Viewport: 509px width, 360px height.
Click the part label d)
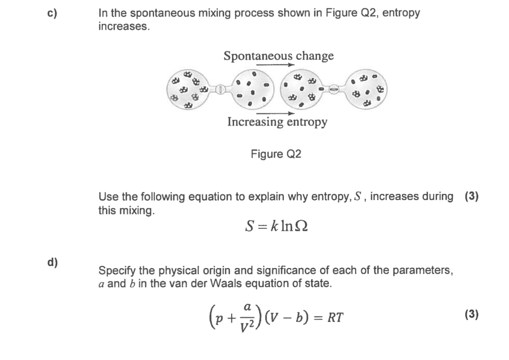pyautogui.click(x=53, y=263)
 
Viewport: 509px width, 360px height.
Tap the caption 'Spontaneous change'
pyautogui.click(x=278, y=56)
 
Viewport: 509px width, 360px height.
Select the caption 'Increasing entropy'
pyautogui.click(x=277, y=121)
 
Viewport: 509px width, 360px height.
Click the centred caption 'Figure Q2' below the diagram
pyautogui.click(x=276, y=154)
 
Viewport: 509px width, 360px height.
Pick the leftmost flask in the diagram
pyautogui.click(x=189, y=90)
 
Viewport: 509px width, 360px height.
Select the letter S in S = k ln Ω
pyautogui.click(x=250, y=226)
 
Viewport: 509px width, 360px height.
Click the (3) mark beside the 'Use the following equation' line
pyautogui.click(x=471, y=196)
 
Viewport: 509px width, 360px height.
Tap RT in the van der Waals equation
pyautogui.click(x=335, y=318)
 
